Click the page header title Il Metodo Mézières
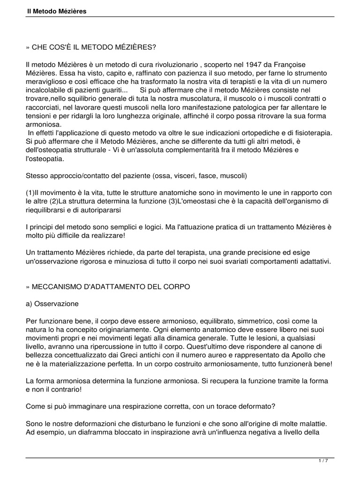coord(56,11)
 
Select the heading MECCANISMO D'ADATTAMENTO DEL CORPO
coord(108,286)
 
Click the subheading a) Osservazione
coord(52,303)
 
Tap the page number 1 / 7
coord(323,461)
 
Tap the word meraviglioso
coord(47,81)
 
